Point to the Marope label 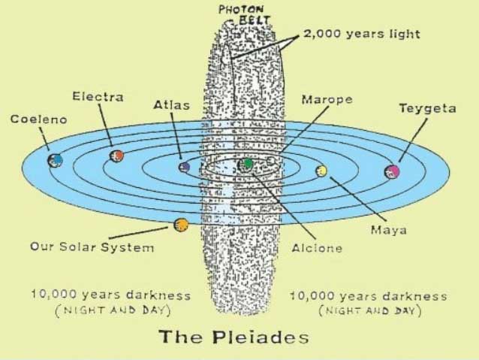click(327, 99)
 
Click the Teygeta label click(426, 109)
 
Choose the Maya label click(389, 228)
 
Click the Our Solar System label click(92, 247)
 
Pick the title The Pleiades click(233, 337)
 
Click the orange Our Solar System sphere click(181, 225)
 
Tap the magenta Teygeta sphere click(392, 171)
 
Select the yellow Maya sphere click(322, 171)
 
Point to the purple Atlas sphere click(184, 167)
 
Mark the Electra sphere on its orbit click(116, 155)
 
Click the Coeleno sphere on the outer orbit click(55, 160)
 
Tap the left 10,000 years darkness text click(110, 295)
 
